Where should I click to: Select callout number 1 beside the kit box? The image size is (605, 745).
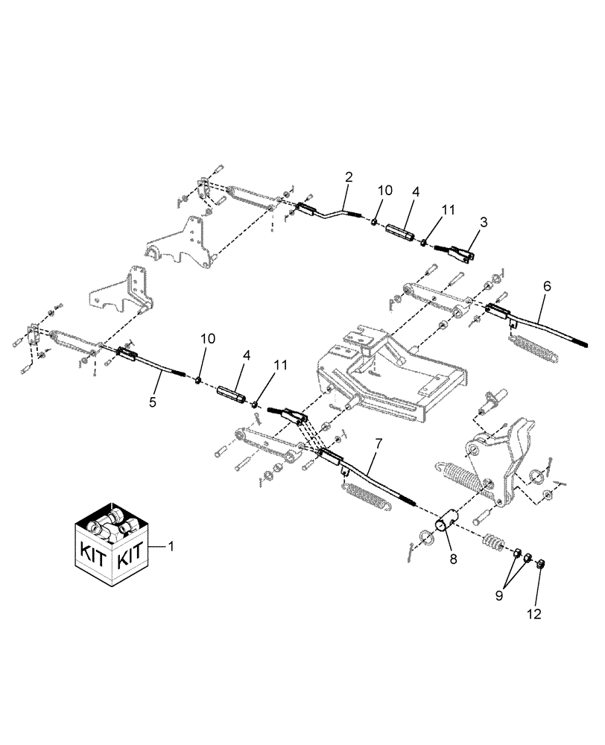171,547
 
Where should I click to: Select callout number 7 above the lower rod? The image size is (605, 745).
378,444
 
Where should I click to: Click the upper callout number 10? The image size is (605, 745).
384,191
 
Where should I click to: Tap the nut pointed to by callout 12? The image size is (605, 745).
542,563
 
